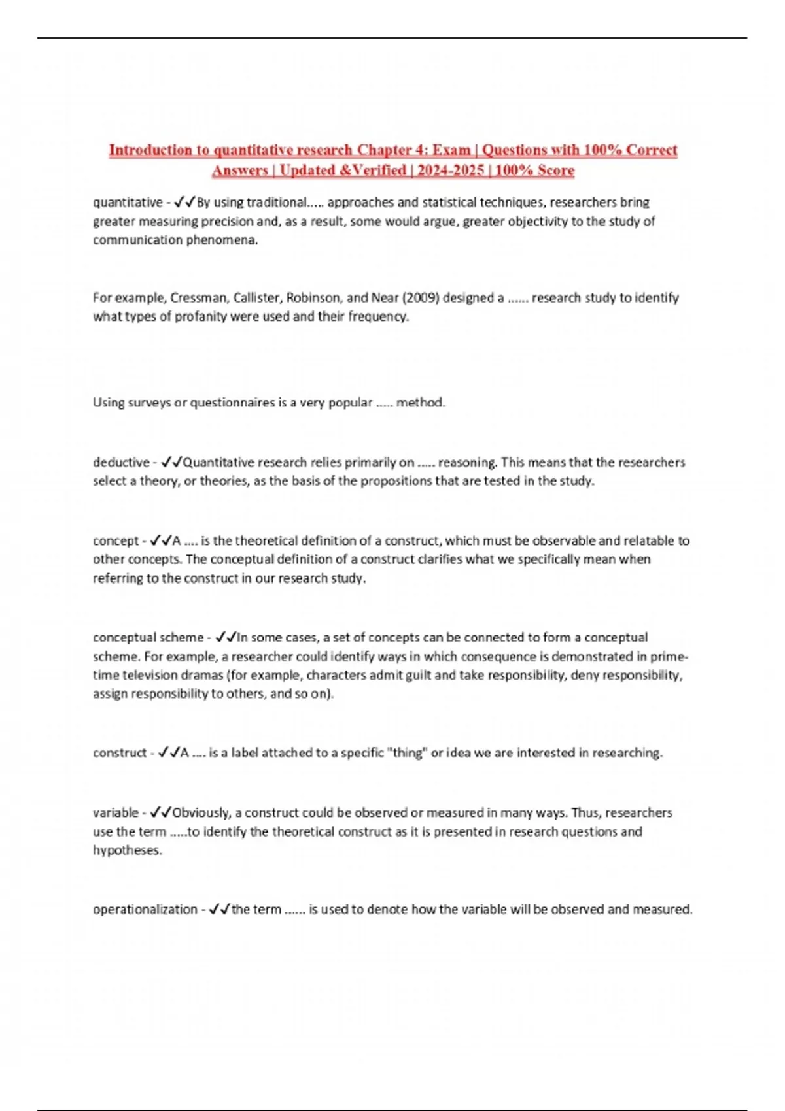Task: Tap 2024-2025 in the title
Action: coord(451,171)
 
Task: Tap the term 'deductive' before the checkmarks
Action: coord(121,463)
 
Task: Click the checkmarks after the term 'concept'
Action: coord(160,541)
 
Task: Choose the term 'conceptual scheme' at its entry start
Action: coord(148,637)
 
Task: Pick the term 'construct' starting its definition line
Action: coord(120,753)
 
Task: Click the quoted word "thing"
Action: coord(407,753)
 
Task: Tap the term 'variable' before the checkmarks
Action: coord(116,813)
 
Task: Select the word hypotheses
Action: coord(127,851)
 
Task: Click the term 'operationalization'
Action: coord(145,910)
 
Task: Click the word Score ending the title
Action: coord(555,171)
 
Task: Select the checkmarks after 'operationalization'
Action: coord(219,910)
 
